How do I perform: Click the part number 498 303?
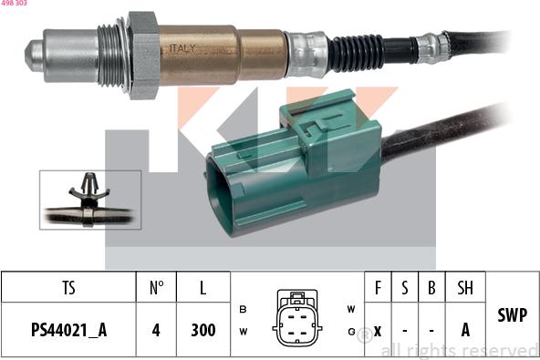pos(14,3)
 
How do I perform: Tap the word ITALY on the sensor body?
pos(182,48)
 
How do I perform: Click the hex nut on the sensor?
pos(143,55)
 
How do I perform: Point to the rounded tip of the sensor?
pos(34,56)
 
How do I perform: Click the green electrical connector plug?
pos(294,164)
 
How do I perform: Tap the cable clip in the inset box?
pos(88,199)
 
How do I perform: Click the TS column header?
pos(69,288)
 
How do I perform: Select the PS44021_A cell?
pos(69,330)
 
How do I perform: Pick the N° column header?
pos(156,288)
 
